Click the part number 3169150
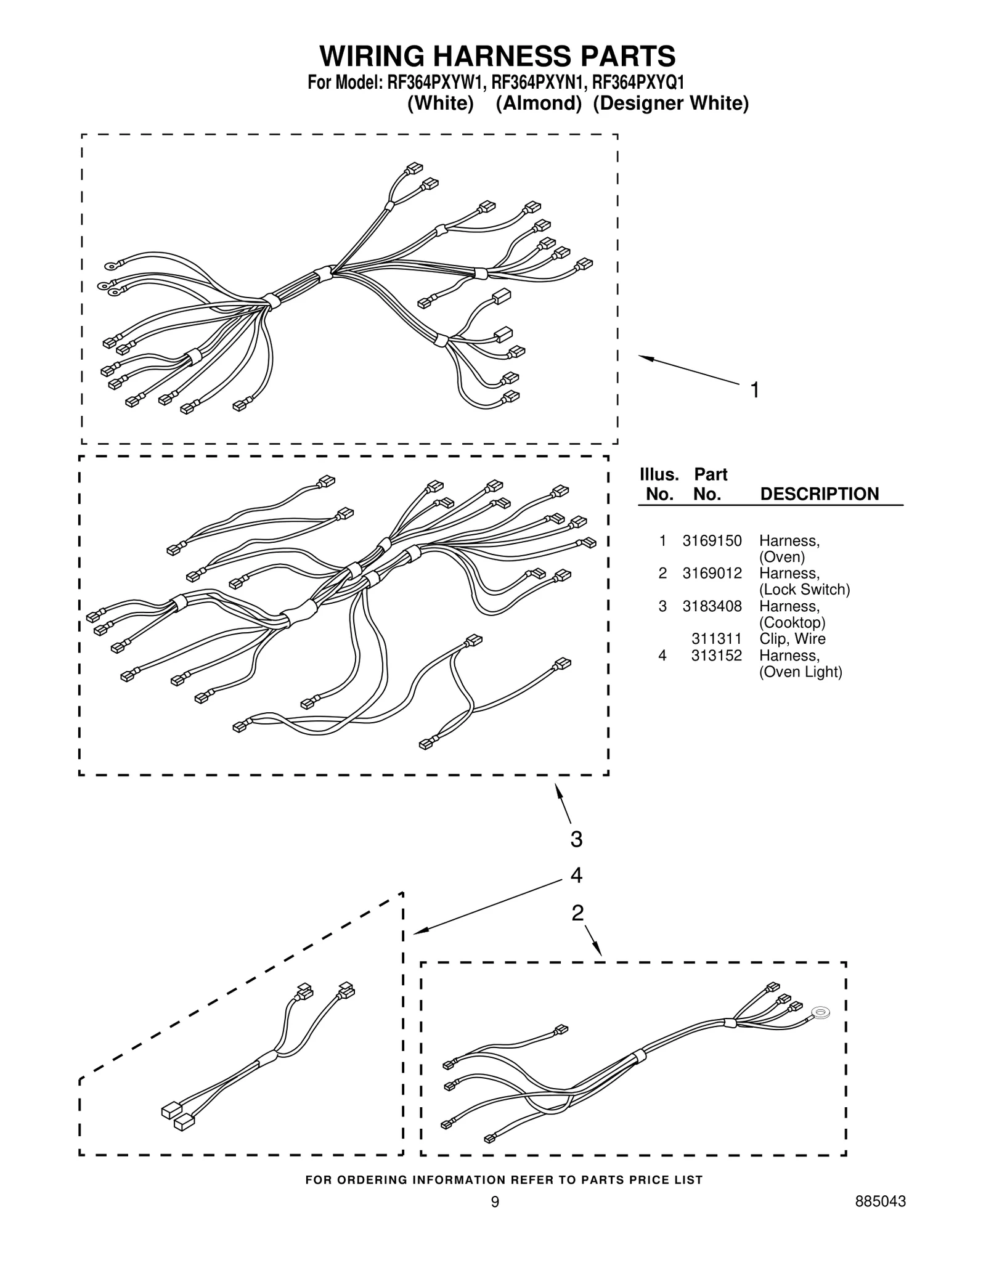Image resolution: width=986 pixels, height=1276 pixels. (x=712, y=541)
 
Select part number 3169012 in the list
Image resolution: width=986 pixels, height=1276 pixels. (x=712, y=574)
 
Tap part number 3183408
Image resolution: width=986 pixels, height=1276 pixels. (x=712, y=606)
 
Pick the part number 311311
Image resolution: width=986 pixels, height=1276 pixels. (x=716, y=639)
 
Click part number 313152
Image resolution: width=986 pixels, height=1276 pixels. (x=716, y=656)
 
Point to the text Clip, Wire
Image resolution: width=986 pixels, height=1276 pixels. (x=792, y=639)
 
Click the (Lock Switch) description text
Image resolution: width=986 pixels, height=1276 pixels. (x=804, y=590)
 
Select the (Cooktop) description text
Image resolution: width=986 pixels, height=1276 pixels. (x=792, y=622)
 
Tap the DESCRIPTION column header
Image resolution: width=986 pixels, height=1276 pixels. (x=820, y=494)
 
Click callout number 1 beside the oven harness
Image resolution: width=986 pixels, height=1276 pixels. (x=754, y=391)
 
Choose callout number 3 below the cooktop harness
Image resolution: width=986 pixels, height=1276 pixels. (x=576, y=839)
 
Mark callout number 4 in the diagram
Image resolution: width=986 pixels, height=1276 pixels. (x=576, y=876)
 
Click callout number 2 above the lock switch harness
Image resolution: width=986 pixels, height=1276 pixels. (x=577, y=912)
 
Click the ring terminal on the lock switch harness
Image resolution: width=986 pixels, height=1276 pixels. (x=820, y=1012)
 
